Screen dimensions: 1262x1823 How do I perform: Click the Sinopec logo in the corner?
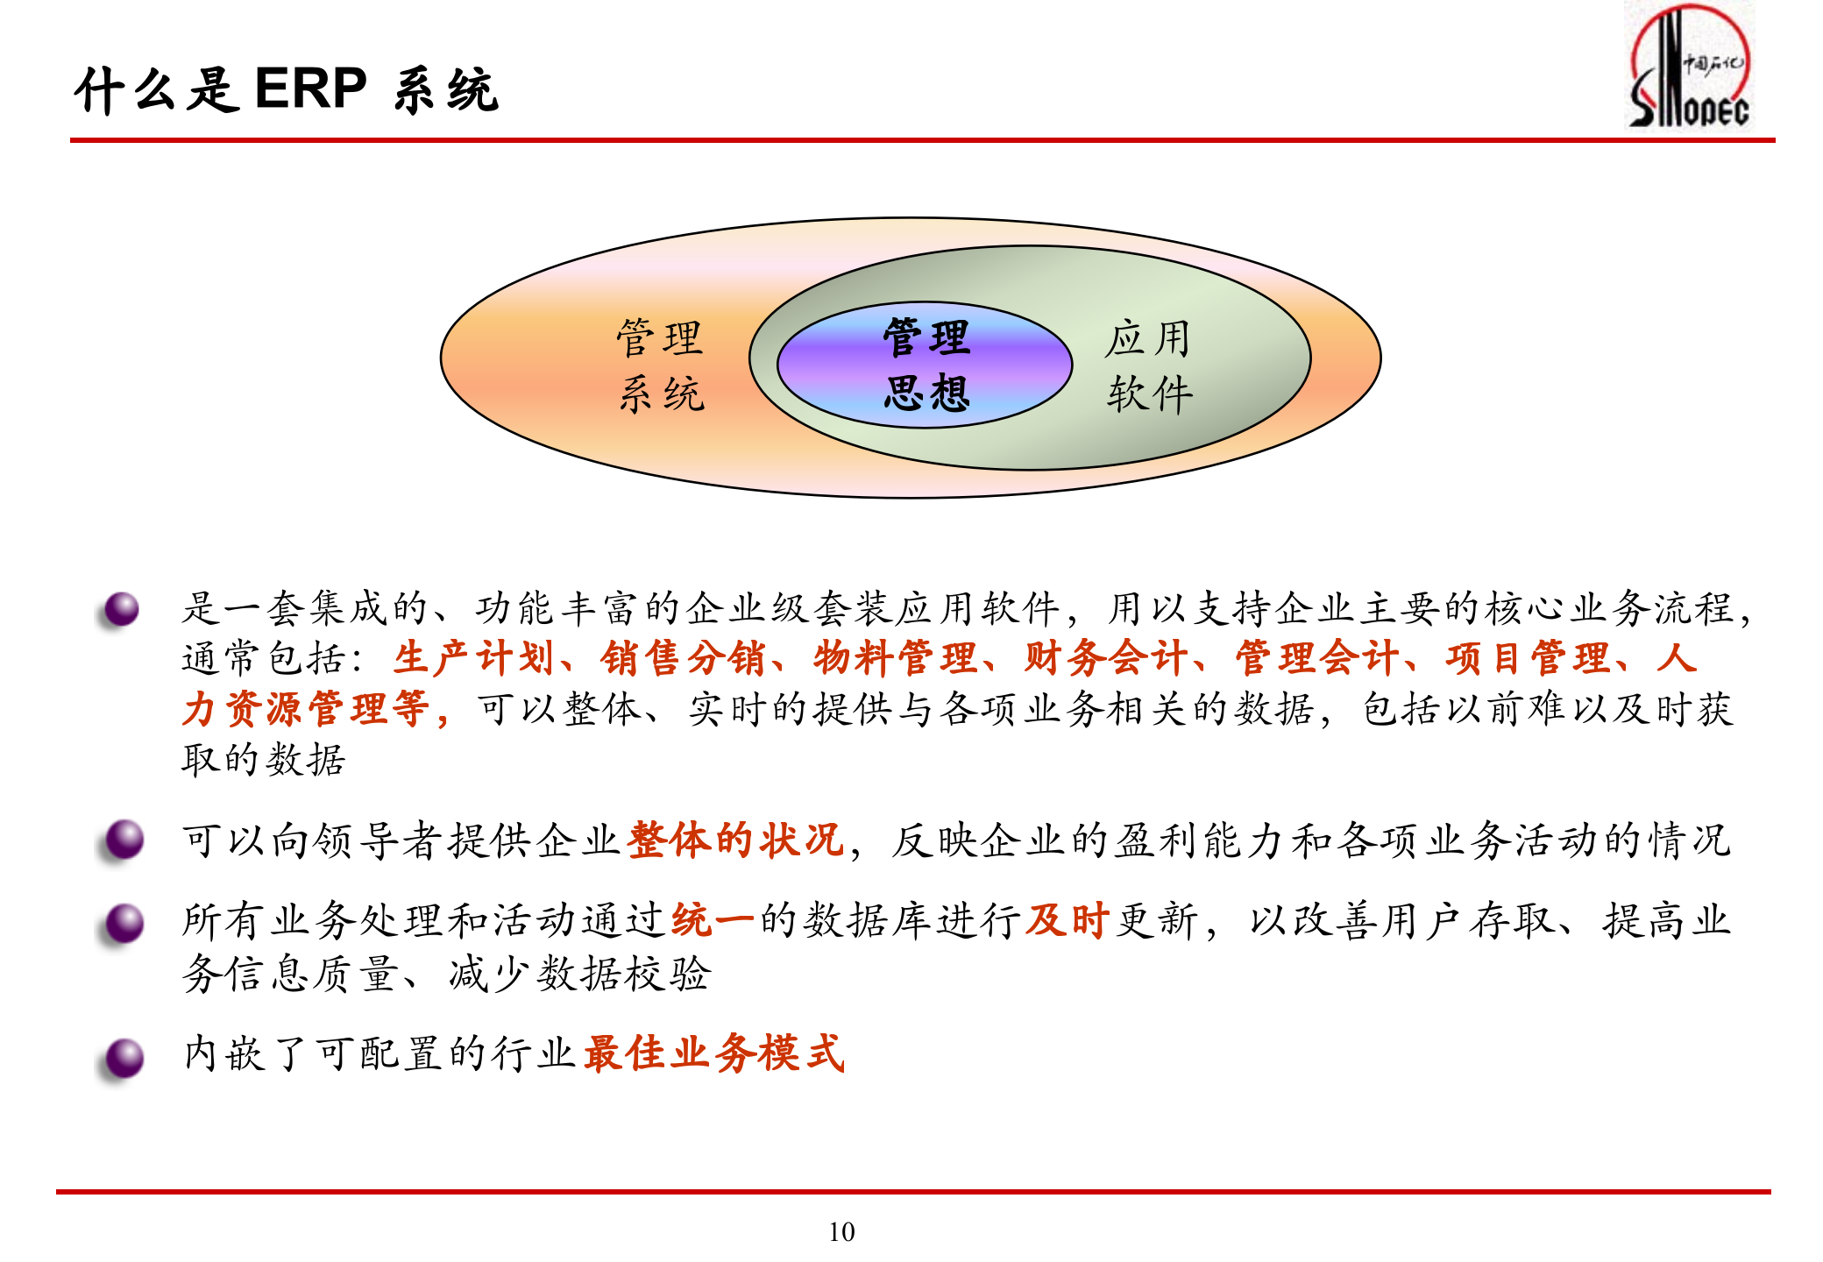(1689, 67)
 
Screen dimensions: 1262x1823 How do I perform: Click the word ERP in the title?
(310, 89)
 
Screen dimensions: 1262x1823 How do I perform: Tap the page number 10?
(841, 1231)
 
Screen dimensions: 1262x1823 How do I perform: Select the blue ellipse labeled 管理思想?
(925, 365)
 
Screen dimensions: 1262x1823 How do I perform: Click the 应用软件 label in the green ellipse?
(1148, 365)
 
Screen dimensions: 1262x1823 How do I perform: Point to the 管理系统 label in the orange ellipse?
(660, 365)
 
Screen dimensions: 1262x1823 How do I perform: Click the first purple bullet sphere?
(122, 609)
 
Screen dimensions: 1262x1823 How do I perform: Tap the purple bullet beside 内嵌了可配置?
(124, 1058)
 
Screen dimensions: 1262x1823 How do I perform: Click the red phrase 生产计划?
(472, 658)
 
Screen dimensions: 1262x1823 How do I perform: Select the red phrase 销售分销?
(684, 658)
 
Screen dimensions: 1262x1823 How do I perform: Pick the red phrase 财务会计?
(1106, 658)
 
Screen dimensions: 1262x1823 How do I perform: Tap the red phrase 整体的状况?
(735, 840)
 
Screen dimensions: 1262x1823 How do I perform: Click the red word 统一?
(713, 920)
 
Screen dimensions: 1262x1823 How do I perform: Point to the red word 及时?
(1068, 920)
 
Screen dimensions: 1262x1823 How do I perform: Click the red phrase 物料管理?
(895, 658)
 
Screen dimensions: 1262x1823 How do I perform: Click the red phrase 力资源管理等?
(307, 709)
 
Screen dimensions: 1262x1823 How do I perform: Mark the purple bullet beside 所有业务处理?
(124, 924)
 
